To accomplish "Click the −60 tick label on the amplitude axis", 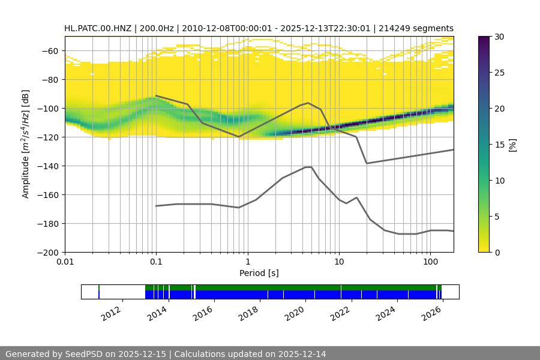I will tap(51, 51).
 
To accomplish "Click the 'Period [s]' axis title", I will tap(259, 273).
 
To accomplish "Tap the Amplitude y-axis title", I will tap(25, 144).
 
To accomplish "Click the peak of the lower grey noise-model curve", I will tap(308, 167).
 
